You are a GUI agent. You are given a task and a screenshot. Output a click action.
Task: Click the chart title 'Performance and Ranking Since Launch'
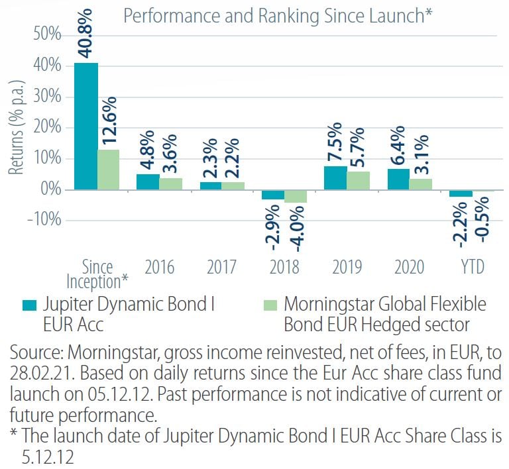(274, 16)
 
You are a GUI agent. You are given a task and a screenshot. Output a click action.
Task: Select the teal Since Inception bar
(85, 126)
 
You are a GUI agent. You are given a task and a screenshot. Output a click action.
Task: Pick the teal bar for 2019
(335, 178)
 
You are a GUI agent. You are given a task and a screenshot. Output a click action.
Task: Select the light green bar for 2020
(421, 183)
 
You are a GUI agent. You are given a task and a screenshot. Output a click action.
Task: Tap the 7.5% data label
(335, 142)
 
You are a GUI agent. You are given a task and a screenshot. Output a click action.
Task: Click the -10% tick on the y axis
(41, 221)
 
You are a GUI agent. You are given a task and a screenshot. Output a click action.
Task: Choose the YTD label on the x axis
(471, 267)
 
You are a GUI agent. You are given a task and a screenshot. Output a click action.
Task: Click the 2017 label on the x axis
(221, 267)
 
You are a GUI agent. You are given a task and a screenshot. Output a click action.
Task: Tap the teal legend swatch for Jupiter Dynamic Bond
(30, 305)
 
